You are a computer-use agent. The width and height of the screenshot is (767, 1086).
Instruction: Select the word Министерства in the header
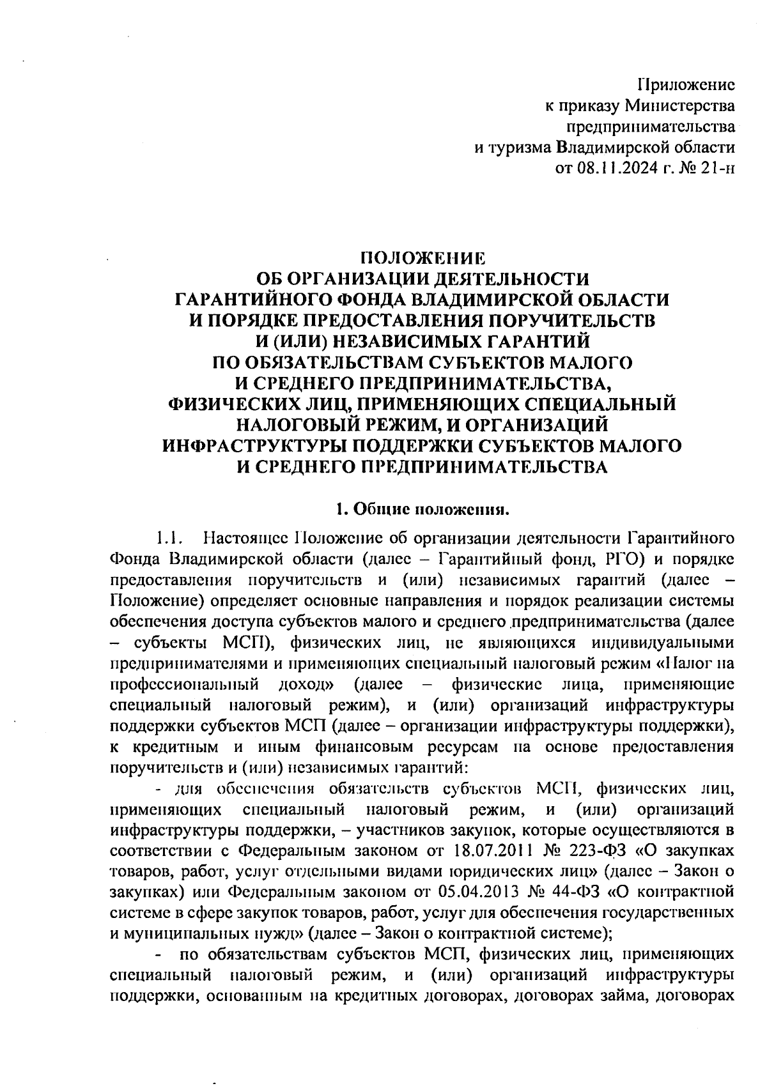pos(679,105)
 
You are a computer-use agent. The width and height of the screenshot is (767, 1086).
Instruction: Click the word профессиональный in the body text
pos(184,684)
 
